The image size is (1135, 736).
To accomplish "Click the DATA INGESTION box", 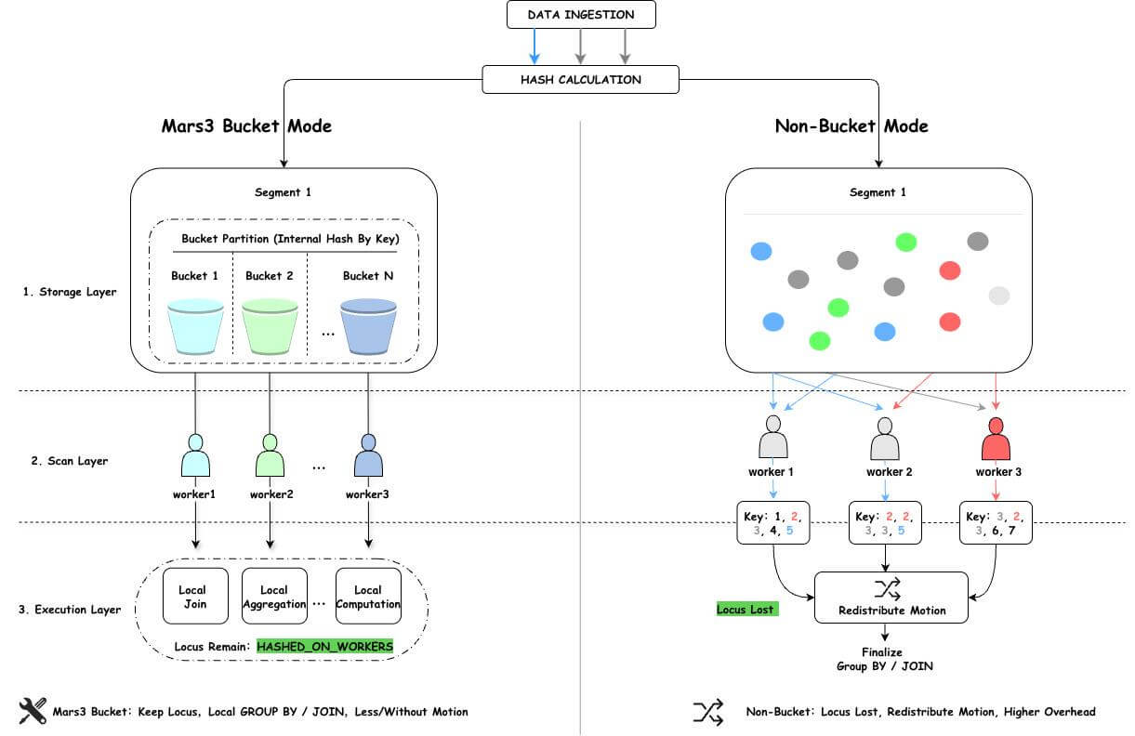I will coord(581,15).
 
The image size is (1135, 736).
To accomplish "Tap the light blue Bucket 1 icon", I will coord(195,326).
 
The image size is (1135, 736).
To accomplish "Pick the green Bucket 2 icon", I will coord(270,326).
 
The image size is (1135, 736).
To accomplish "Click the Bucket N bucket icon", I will coord(369,326).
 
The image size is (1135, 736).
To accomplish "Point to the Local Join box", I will coord(192,596).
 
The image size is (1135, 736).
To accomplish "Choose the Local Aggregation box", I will coord(274,596).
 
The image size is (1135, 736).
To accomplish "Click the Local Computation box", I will coord(368,596).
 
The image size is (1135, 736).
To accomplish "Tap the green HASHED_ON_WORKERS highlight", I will coord(325,645).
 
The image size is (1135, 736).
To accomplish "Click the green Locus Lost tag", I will coord(746,610).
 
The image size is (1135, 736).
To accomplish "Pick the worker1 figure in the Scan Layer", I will coord(195,455).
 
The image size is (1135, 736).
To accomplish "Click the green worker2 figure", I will coord(270,455).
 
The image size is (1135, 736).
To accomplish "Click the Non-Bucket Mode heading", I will coord(851,125).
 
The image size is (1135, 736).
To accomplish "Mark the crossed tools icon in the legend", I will coord(33,711).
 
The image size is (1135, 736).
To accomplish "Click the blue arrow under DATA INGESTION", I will coord(535,46).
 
